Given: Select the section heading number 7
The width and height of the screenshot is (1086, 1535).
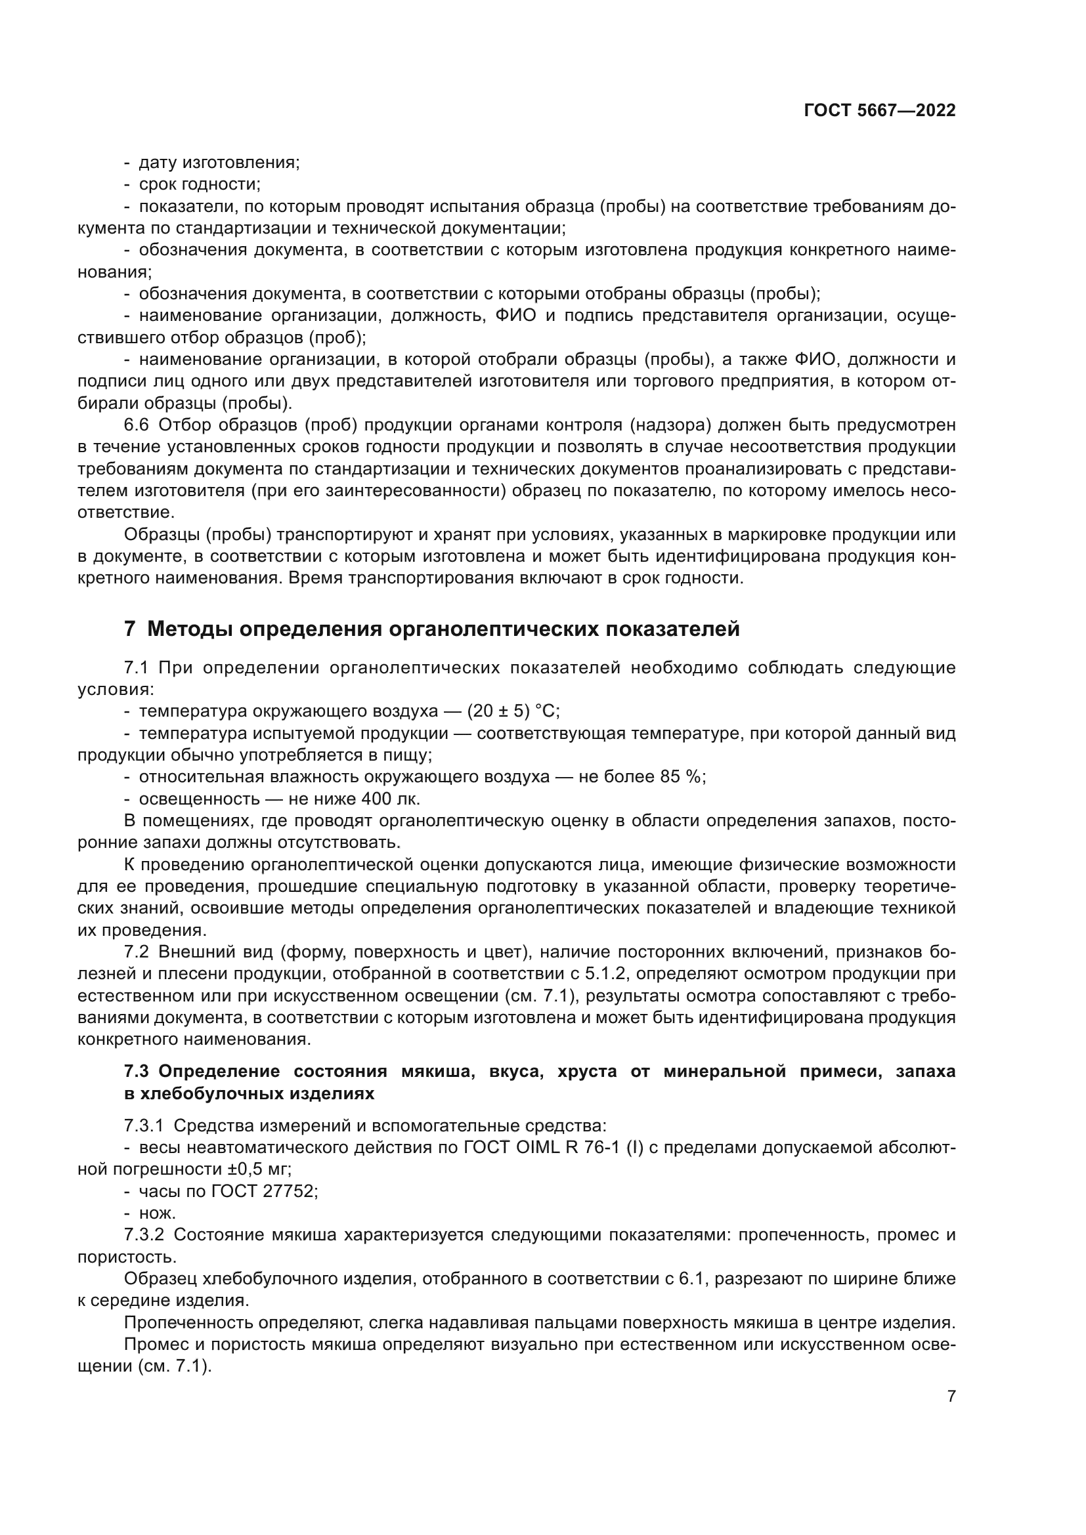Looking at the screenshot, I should point(130,629).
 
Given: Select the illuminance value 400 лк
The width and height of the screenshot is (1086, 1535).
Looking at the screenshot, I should point(390,798).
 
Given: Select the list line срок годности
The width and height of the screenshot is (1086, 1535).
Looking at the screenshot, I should point(200,184).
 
